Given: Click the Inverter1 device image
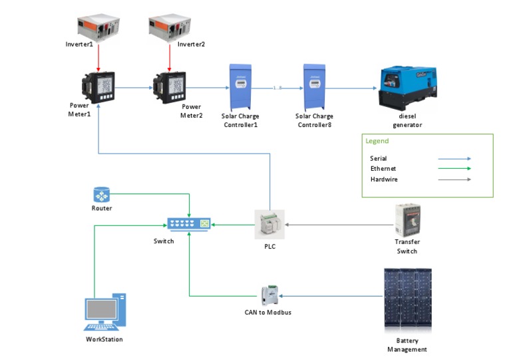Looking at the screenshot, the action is click(x=98, y=28).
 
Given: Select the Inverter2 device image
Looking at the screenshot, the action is click(x=170, y=28).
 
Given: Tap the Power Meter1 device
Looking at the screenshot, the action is click(x=98, y=88).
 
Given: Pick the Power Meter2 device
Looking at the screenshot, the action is click(x=170, y=88).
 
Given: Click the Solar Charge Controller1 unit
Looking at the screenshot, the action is click(x=240, y=87).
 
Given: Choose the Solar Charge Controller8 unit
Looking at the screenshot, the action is click(x=314, y=87).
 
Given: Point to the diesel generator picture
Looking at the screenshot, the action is click(x=407, y=88).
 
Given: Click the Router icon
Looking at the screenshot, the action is click(x=102, y=195).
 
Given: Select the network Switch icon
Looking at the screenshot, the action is click(x=189, y=224).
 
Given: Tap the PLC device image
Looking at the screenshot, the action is click(x=269, y=224).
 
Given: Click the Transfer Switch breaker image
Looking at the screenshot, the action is click(x=407, y=220).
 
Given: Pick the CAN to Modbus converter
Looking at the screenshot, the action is click(x=269, y=295).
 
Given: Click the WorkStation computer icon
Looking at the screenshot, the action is click(x=105, y=312).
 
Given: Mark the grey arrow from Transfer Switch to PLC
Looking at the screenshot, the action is click(x=339, y=225).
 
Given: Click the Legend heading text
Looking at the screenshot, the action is click(x=377, y=141).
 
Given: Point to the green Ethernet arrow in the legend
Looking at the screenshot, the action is click(x=454, y=169).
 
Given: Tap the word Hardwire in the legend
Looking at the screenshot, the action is click(x=384, y=180).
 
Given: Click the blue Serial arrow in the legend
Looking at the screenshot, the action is click(x=454, y=159).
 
